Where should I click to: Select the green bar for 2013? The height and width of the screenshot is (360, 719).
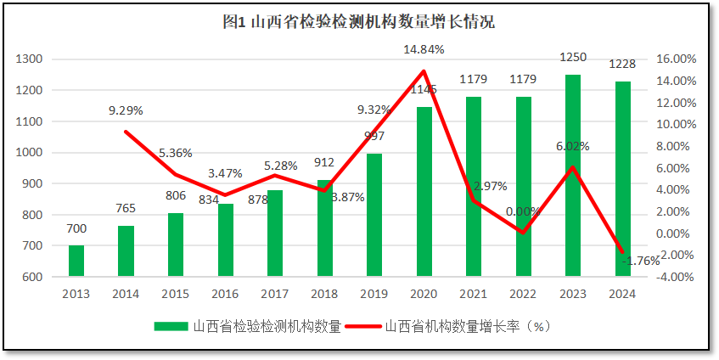(x=76, y=261)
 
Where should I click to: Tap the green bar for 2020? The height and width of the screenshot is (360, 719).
(x=424, y=192)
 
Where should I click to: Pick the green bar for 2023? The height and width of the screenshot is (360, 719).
(x=573, y=176)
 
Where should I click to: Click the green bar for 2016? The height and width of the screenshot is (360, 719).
(x=225, y=240)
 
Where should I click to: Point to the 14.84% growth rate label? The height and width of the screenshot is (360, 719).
(x=424, y=50)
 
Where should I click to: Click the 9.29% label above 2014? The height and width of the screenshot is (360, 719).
(x=126, y=110)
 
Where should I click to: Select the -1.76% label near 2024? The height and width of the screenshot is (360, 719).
(x=640, y=262)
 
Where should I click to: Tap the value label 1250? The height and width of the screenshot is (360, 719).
(x=573, y=57)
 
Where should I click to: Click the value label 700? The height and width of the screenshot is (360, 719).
(x=76, y=228)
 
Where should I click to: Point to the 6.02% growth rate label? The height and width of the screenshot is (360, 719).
(x=573, y=146)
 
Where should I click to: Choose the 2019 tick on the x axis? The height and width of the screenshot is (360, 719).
(x=374, y=293)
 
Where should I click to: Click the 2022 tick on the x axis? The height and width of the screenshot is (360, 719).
(x=523, y=293)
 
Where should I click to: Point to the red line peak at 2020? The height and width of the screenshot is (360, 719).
(x=424, y=70)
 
